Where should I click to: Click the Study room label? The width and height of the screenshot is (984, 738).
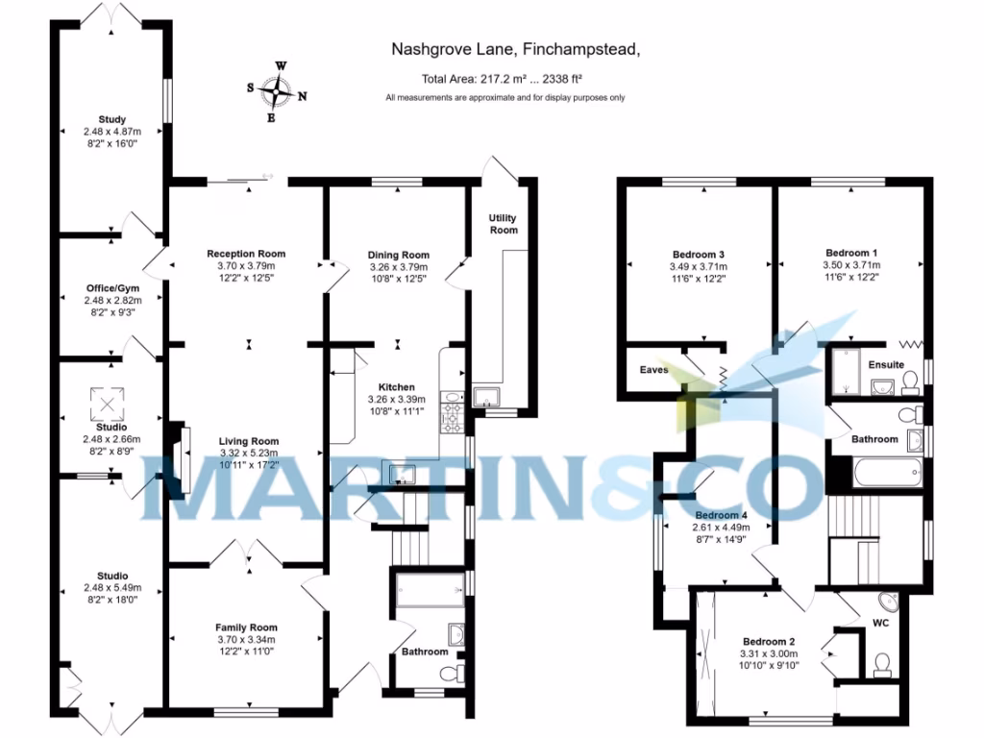[x=111, y=119]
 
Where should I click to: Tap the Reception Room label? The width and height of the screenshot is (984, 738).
[x=246, y=254]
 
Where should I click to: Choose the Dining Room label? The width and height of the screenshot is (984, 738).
[x=398, y=255]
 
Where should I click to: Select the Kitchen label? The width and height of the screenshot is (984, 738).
[x=398, y=387]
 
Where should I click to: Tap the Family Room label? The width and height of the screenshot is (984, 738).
[x=246, y=627]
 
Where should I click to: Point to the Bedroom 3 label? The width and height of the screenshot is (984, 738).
[x=698, y=255]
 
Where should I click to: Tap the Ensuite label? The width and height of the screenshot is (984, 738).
[x=885, y=365]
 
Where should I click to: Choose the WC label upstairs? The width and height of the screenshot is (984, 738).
[x=881, y=623]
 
